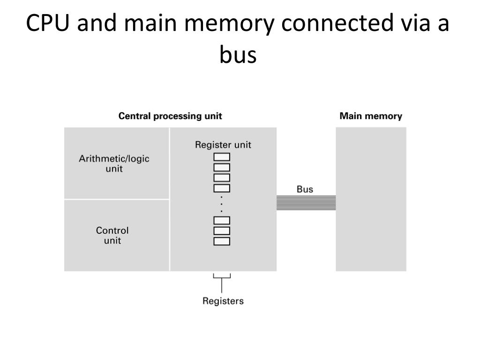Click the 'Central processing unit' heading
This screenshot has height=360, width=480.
pyautogui.click(x=170, y=116)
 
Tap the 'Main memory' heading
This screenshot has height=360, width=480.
pyautogui.click(x=370, y=116)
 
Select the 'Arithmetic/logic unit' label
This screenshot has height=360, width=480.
pyautogui.click(x=114, y=163)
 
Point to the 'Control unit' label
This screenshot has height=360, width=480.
pyautogui.click(x=112, y=235)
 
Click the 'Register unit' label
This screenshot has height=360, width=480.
pyautogui.click(x=223, y=145)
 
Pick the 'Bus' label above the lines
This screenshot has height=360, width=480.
pyautogui.click(x=305, y=189)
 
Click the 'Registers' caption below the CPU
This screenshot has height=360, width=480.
pyautogui.click(x=223, y=301)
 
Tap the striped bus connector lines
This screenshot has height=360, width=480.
pyautogui.click(x=306, y=202)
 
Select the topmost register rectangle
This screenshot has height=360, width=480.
pyautogui.click(x=222, y=157)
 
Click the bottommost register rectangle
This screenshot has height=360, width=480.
pyautogui.click(x=222, y=241)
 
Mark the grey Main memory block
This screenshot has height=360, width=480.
pyautogui.click(x=371, y=199)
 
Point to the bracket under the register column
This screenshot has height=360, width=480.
pyautogui.click(x=222, y=277)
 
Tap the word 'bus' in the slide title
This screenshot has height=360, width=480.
pyautogui.click(x=238, y=55)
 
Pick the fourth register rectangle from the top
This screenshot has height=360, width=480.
pyautogui.click(x=222, y=188)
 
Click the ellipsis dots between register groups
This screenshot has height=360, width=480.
pyautogui.click(x=222, y=204)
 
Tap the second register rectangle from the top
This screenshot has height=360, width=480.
pyautogui.click(x=222, y=167)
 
